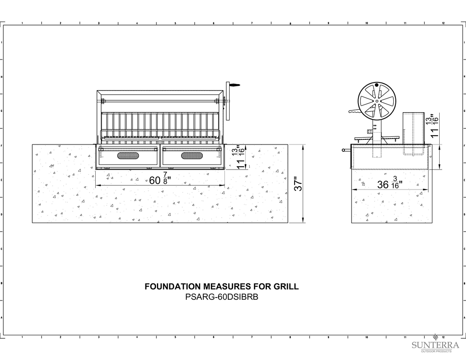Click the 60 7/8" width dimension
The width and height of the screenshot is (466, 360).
click(160, 180)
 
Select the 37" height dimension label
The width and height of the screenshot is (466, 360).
click(298, 184)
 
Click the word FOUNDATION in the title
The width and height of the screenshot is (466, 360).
click(173, 286)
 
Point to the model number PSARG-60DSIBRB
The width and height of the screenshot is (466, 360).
click(222, 297)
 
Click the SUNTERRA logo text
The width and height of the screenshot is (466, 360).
click(435, 345)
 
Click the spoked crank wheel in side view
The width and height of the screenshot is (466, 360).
click(377, 101)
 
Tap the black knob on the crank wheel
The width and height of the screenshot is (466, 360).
click(377, 85)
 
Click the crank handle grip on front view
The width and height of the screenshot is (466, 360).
click(234, 85)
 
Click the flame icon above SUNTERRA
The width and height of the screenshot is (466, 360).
click(436, 337)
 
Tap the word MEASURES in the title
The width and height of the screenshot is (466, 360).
click(227, 286)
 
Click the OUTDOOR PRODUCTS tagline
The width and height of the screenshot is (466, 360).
click(436, 351)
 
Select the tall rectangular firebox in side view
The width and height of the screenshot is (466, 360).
click(413, 133)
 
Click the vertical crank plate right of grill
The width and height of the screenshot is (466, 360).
click(228, 101)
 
